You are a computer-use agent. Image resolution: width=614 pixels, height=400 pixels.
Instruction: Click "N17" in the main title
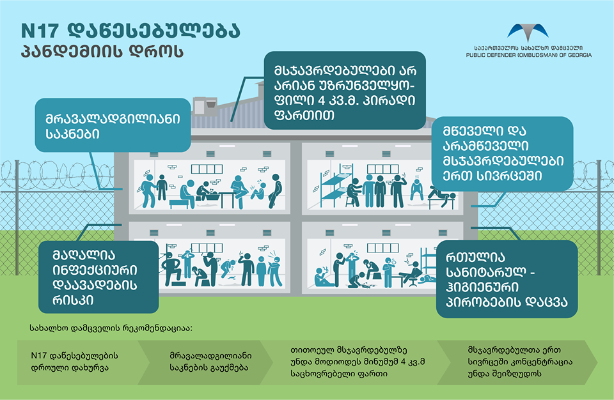click(x=38, y=30)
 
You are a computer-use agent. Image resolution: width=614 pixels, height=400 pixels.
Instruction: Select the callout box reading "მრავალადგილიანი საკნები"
click(x=113, y=125)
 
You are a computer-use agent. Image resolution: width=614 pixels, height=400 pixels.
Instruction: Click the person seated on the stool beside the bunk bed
click(x=352, y=192)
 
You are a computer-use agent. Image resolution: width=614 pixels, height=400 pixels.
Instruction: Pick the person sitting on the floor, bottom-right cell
click(x=323, y=276)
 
